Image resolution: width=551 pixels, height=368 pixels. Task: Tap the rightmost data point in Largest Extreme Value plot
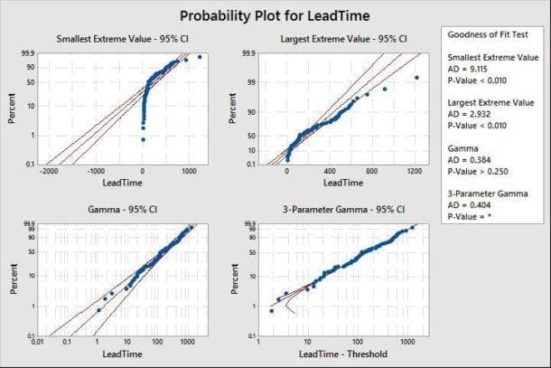(x=416, y=78)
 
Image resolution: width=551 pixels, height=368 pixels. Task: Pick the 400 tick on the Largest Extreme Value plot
(x=329, y=172)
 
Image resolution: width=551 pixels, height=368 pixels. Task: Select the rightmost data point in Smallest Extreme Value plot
(x=200, y=57)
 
